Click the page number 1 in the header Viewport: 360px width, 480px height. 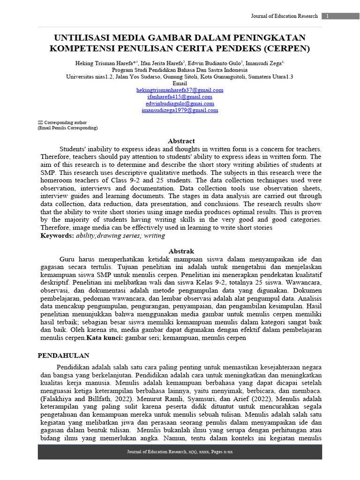[x=327, y=16]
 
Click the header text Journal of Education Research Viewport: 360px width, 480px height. [x=284, y=16]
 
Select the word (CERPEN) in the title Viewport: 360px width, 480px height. [x=286, y=48]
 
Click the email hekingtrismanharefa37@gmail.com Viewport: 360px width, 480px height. [x=180, y=90]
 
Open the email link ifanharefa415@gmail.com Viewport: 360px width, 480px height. [x=180, y=97]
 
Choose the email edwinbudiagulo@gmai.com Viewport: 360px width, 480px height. [x=180, y=104]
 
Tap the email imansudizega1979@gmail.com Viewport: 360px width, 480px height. [x=180, y=111]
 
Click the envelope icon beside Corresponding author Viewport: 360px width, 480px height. [x=40, y=122]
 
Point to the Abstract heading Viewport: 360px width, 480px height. [x=181, y=141]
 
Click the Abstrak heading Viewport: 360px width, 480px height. [x=181, y=251]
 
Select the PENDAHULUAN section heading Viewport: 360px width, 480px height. [x=63, y=356]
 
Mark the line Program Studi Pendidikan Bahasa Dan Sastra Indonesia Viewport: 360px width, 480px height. [x=180, y=69]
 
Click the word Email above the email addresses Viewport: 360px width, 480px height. [x=180, y=83]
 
